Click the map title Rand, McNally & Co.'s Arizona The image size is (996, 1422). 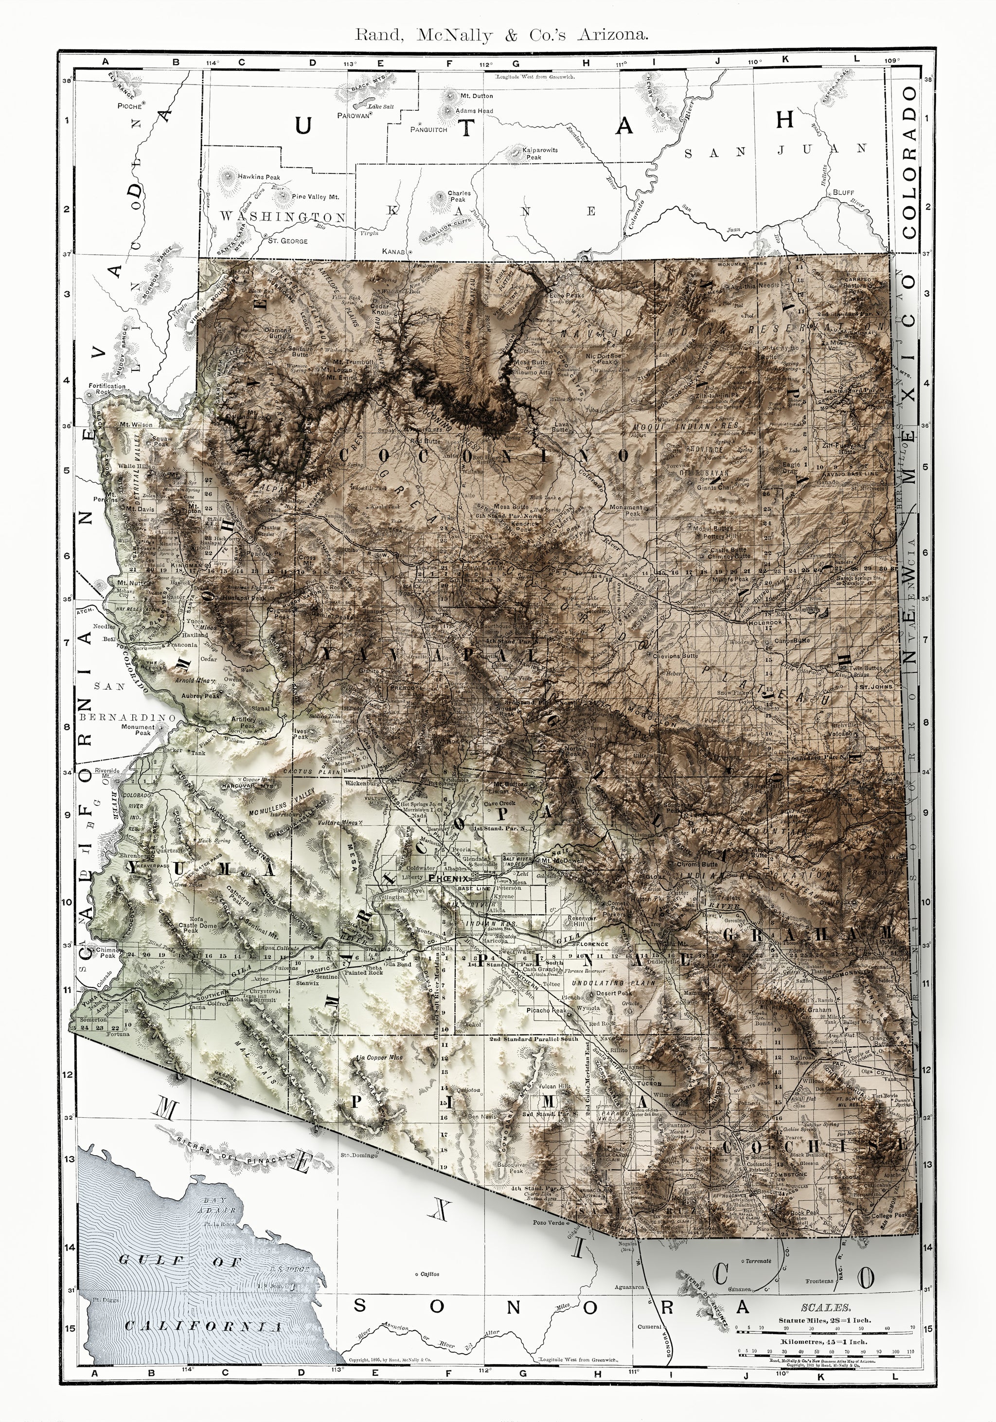[x=501, y=35]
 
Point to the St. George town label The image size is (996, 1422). [x=286, y=241]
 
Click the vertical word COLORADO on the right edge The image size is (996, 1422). [x=909, y=162]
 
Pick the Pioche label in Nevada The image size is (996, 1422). [x=130, y=106]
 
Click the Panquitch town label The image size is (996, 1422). [x=428, y=130]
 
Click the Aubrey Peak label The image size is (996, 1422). [x=201, y=696]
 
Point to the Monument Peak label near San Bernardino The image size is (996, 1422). [x=138, y=729]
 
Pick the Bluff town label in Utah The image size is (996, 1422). [x=843, y=192]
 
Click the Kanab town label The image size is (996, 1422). [x=393, y=252]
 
